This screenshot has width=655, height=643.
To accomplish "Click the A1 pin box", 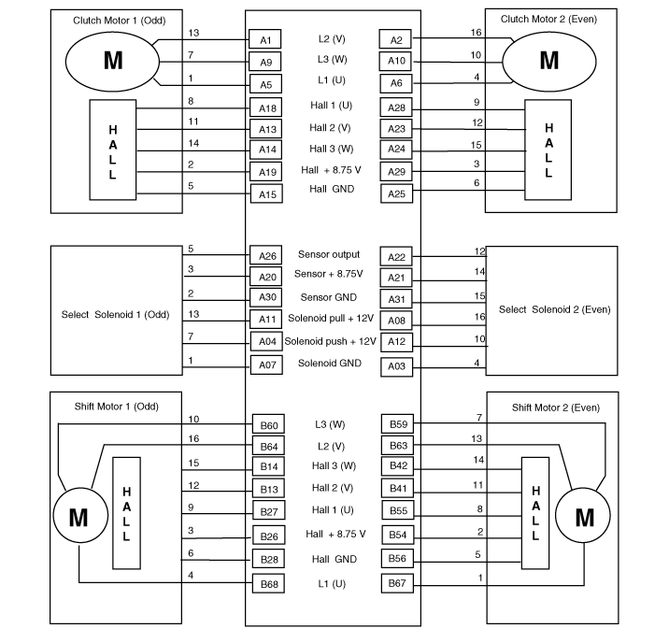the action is pos(264,39).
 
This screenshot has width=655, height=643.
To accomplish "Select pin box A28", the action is pos(396,107).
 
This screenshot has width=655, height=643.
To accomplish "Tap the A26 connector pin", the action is pos(266,255).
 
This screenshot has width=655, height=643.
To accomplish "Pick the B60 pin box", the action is pos(268,424).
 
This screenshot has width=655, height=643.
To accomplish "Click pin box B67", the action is pos(397,583).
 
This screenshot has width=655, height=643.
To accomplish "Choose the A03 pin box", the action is pos(396,367).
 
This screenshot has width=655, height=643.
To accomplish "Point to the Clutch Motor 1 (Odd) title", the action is pos(119,21).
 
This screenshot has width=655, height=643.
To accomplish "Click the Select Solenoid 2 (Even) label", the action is pos(555,309).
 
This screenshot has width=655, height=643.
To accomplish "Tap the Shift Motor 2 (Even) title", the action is pos(556,407).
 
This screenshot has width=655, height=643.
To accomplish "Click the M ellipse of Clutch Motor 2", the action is pos(548,62).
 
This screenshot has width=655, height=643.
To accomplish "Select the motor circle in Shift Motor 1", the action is pos(80,515).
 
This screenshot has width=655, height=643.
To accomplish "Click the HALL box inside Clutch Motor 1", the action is pos(113,150).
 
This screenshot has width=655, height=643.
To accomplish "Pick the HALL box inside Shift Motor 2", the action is pos(535,513).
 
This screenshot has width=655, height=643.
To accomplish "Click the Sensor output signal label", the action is pos(329,254).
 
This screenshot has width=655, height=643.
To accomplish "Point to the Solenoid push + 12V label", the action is pos(331,341).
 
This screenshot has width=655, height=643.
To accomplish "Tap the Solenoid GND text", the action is pos(330,363).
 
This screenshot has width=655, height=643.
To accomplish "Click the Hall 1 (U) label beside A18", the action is pos(332,106).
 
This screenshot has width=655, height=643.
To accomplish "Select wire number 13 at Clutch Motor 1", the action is pos(193,33).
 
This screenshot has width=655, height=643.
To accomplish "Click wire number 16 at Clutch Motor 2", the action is pos(477,32).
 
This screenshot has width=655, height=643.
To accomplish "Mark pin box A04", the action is pos(266,341).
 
